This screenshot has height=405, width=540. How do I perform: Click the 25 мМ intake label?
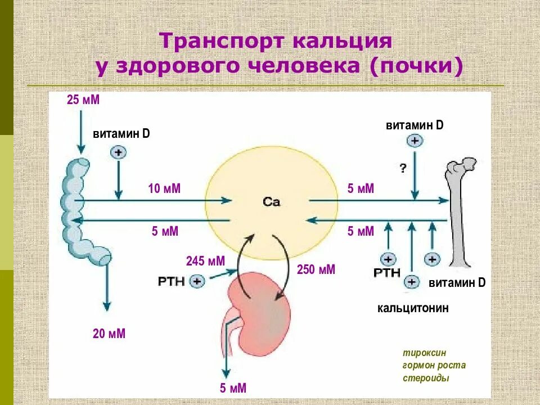tap(83, 100)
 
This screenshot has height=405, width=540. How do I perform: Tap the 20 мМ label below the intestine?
tap(109, 334)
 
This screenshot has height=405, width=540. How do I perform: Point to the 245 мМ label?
tap(205, 261)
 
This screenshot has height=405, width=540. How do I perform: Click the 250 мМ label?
tap(316, 269)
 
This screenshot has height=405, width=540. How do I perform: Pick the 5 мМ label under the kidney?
tap(233, 388)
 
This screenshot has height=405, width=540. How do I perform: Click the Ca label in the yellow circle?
tap(271, 202)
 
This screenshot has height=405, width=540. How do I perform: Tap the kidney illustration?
tap(259, 304)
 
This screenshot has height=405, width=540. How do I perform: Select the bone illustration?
tap(462, 214)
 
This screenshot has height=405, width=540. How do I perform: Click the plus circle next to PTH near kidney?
tap(197, 281)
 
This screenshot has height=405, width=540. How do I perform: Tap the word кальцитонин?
tap(413, 308)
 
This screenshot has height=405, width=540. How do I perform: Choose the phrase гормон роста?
tap(434, 365)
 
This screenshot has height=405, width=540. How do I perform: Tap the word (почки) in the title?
tap(416, 66)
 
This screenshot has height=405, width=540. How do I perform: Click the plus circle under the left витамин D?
tap(118, 152)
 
